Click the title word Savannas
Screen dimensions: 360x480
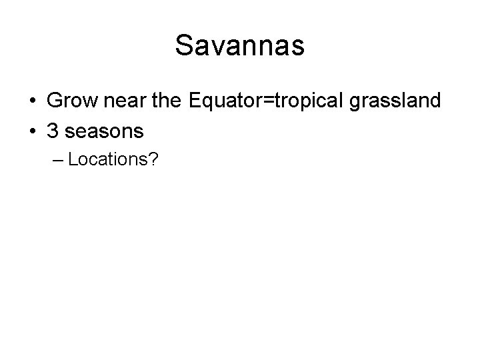(240, 46)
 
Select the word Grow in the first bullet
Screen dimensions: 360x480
(69, 101)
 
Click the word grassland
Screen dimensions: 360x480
(393, 101)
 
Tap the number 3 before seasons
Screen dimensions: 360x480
(53, 131)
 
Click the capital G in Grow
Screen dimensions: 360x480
(55, 101)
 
